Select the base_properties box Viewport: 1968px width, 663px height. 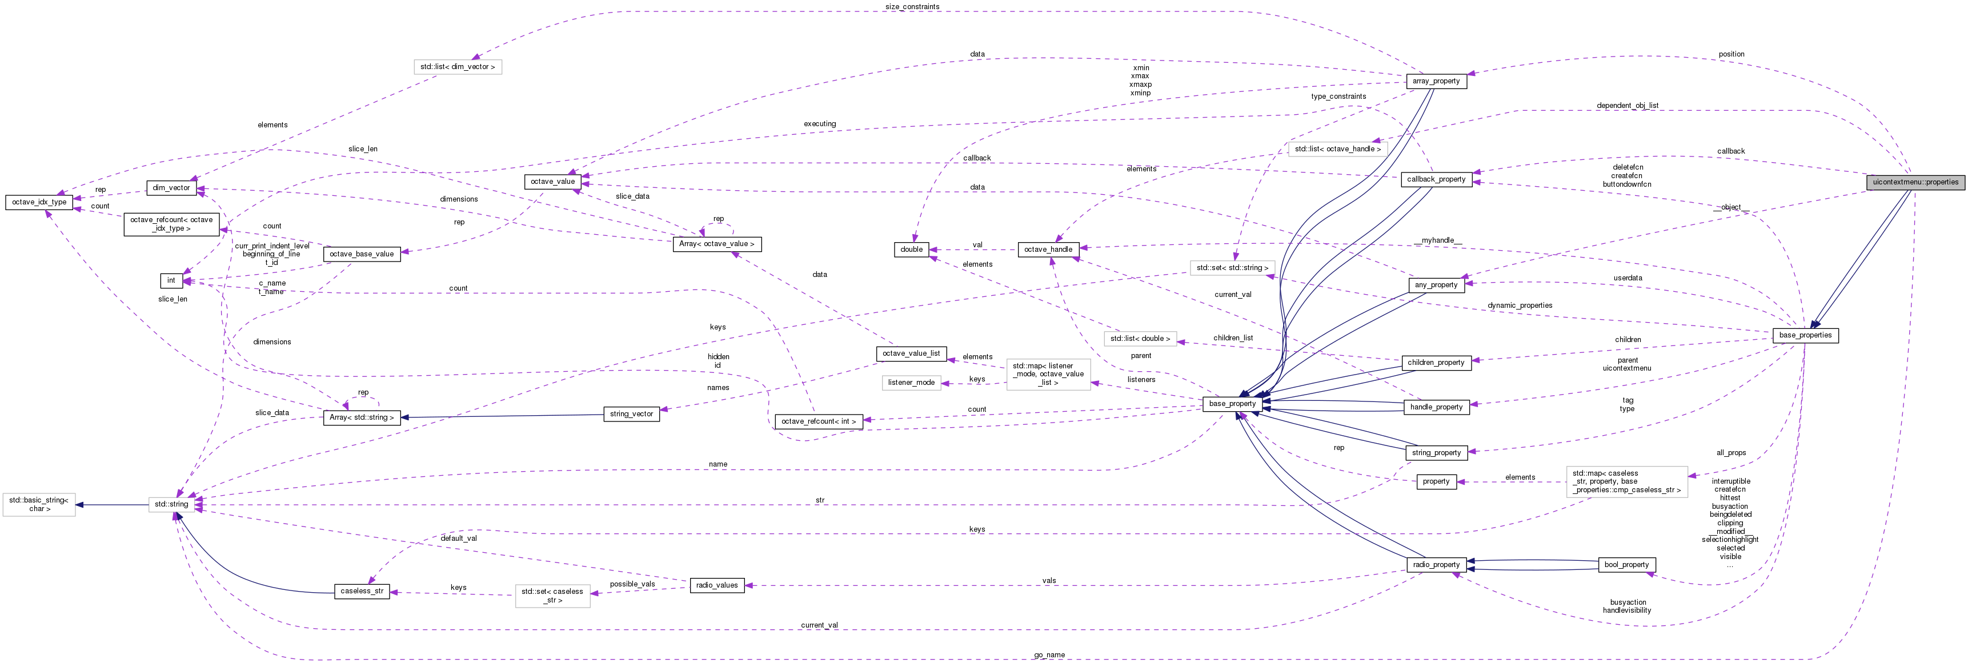[x=1805, y=335]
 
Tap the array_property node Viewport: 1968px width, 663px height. [x=1436, y=81]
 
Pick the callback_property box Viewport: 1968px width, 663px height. [x=1436, y=179]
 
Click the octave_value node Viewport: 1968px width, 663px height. [x=552, y=182]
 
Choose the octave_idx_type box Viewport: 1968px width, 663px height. [x=39, y=202]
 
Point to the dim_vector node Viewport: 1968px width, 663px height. [x=171, y=188]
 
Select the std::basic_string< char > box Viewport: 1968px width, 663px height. [x=39, y=505]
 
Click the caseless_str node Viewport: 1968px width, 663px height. [x=362, y=591]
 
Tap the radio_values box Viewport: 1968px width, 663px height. [x=716, y=586]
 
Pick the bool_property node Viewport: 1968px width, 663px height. [x=1626, y=565]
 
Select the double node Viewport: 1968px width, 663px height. [x=911, y=250]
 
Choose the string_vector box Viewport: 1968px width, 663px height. [x=631, y=414]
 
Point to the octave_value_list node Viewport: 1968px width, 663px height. [x=911, y=353]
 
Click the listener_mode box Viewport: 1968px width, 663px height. [x=911, y=383]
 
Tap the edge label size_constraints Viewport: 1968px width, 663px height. [x=912, y=7]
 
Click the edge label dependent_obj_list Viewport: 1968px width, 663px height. [x=1628, y=106]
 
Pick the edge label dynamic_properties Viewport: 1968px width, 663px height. [x=1520, y=306]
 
